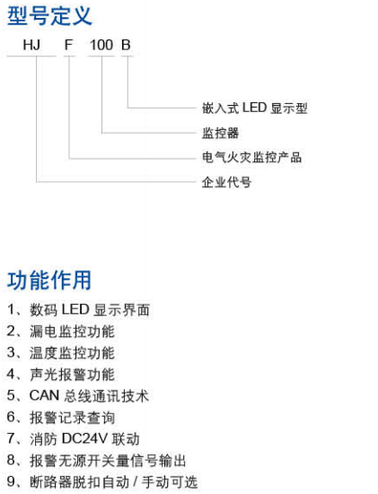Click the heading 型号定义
tap(49, 16)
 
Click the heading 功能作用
tap(49, 280)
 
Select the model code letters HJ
tap(31, 45)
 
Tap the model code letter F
tap(68, 45)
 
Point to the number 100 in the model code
tap(101, 45)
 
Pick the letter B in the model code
tap(126, 45)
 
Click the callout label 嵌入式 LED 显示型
tap(255, 108)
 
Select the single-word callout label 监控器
tap(221, 133)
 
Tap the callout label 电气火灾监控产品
tap(251, 157)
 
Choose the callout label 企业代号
tap(226, 182)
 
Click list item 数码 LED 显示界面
tap(90, 309)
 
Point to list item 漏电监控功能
tap(72, 332)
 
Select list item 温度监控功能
tap(72, 353)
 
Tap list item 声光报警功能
tap(72, 374)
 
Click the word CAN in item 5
tap(44, 395)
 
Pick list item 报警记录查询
tap(72, 418)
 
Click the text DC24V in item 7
tap(85, 439)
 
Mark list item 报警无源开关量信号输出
tap(108, 461)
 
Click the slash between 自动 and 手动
tap(136, 482)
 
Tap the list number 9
tap(11, 482)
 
